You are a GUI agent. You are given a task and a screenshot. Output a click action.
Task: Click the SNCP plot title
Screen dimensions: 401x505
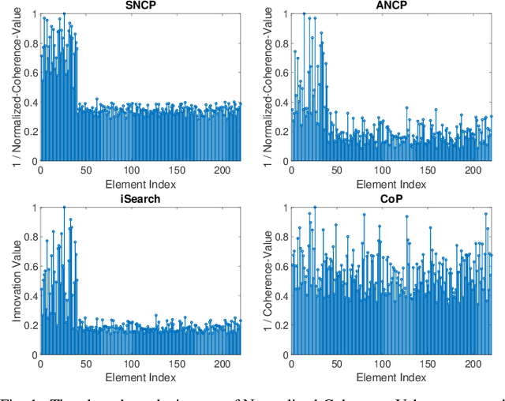[140, 6]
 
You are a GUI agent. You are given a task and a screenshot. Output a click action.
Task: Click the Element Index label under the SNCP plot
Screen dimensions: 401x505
[140, 184]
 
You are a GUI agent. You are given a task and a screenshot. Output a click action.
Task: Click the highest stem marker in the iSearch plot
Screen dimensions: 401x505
[64, 208]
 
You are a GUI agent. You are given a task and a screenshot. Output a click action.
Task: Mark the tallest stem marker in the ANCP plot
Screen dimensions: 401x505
[304, 13]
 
